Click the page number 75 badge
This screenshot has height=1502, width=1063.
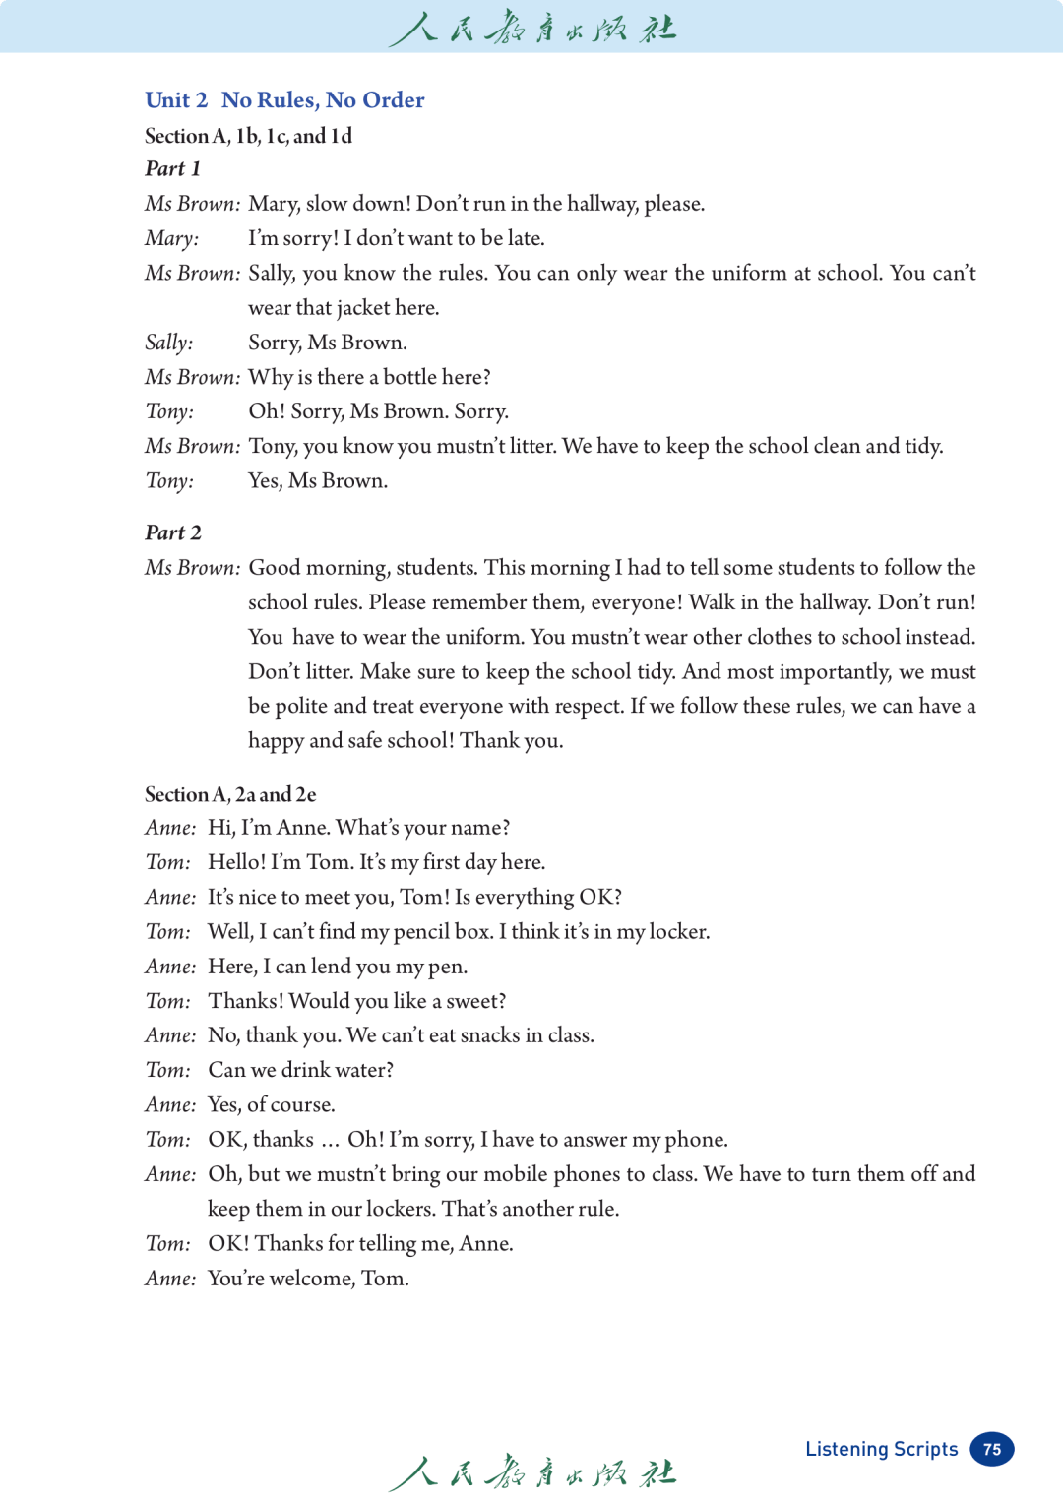tap(992, 1449)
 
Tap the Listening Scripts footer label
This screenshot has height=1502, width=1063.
tap(881, 1449)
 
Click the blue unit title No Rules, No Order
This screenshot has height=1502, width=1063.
tap(323, 100)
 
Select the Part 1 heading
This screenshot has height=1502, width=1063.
tap(172, 169)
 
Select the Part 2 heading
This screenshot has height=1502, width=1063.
tap(173, 533)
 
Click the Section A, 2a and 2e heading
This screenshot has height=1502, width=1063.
tap(230, 795)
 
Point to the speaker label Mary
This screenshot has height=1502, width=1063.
tap(171, 238)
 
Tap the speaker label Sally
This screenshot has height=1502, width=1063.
tap(168, 343)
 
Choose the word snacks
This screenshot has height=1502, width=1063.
tap(489, 1035)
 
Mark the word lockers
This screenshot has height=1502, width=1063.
tap(399, 1209)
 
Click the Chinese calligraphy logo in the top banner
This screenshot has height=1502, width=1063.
tap(531, 28)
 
